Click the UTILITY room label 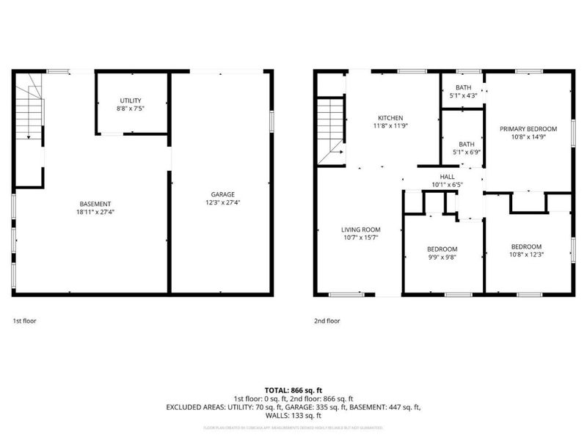[x=131, y=100]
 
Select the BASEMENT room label [x=95, y=203]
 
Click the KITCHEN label [x=390, y=118]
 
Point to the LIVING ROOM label [x=361, y=230]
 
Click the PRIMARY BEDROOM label [x=526, y=129]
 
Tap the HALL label [x=447, y=177]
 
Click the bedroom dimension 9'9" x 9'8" [x=442, y=257]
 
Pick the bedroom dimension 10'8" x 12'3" [x=526, y=254]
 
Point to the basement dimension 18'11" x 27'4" [x=95, y=212]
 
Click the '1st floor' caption [x=25, y=320]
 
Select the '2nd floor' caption [x=327, y=320]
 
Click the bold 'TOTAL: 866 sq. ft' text [x=293, y=389]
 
